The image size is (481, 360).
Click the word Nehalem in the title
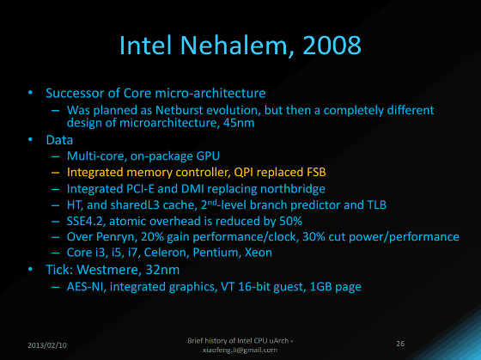234,46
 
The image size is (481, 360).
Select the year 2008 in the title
332,46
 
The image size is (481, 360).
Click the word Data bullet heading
59,140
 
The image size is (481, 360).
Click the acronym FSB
316,172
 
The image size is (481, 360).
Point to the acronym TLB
376,204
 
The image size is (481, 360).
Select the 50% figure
290,221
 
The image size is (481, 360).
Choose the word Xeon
259,253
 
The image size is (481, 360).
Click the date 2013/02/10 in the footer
47,345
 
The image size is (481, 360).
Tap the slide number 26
400,344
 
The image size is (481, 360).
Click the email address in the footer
240,350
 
